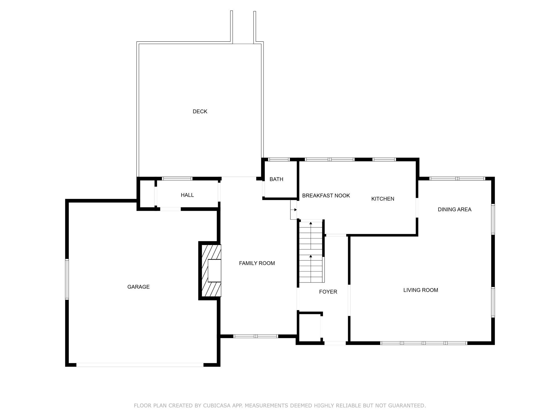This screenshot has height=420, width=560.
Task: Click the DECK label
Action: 200,111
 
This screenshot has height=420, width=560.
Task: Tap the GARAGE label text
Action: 138,287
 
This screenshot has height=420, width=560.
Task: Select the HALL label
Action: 187,195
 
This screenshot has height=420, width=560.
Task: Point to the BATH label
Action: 276,179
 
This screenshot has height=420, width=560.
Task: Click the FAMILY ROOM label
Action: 257,263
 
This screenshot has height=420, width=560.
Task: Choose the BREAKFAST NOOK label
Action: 326,196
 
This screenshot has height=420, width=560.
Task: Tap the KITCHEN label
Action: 383,199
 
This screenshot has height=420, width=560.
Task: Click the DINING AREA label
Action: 454,209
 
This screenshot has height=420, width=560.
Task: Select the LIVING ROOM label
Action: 421,290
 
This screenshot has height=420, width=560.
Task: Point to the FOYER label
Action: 328,292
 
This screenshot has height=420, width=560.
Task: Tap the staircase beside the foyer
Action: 311,251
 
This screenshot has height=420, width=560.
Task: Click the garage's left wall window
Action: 67,279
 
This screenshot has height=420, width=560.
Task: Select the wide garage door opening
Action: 140,365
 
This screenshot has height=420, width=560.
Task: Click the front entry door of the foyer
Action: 335,343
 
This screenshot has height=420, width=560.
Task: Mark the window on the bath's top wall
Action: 279,159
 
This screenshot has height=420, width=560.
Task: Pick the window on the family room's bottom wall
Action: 255,336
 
